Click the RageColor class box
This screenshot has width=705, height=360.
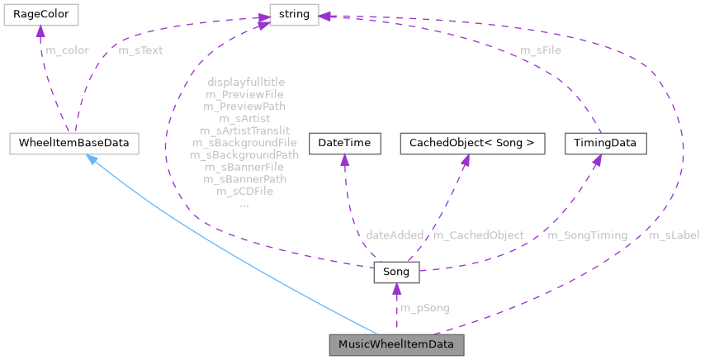coord(40,15)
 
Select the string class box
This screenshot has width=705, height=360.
coord(294,15)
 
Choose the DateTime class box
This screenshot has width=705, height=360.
coord(344,143)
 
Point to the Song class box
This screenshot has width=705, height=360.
coord(396,271)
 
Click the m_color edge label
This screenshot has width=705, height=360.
coord(67,50)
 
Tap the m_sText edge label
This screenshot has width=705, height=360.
coord(140,50)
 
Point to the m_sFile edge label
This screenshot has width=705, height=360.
coord(541,50)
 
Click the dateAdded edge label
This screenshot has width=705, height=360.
coord(395,235)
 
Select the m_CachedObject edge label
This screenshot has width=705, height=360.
coord(479,235)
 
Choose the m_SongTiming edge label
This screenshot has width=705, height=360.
coord(587,235)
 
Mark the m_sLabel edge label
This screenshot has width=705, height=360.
coord(674,235)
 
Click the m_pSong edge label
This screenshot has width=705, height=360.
coord(424,308)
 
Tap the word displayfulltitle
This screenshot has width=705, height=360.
coord(246,83)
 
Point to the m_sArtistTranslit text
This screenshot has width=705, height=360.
coord(244,130)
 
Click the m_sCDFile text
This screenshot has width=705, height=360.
coord(244,191)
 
